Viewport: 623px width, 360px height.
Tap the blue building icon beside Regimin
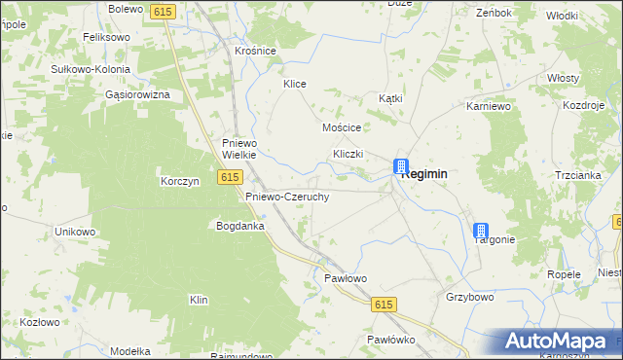pyautogui.click(x=399, y=166)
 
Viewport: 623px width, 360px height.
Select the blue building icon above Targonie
pyautogui.click(x=480, y=231)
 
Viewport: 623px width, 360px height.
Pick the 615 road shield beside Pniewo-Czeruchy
pyautogui.click(x=230, y=176)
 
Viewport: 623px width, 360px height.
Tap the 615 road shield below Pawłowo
pyautogui.click(x=383, y=305)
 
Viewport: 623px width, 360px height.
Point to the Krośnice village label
pyautogui.click(x=256, y=51)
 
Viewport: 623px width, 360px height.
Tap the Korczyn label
pyautogui.click(x=179, y=181)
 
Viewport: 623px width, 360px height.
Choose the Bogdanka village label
pyautogui.click(x=240, y=226)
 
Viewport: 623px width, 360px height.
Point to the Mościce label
pyautogui.click(x=342, y=127)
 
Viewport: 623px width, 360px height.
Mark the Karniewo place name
pyautogui.click(x=489, y=104)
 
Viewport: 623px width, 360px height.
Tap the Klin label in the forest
pyautogui.click(x=200, y=300)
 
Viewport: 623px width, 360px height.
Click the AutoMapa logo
pyautogui.click(x=557, y=342)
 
